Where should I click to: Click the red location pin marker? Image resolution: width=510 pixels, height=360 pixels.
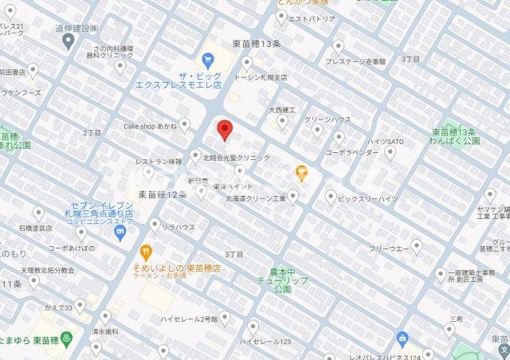(225, 129)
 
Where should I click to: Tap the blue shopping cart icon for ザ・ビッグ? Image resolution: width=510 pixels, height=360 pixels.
(208, 59)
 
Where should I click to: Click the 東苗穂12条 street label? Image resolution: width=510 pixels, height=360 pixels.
(162, 194)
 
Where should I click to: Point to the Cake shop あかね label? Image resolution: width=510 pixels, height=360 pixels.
(150, 125)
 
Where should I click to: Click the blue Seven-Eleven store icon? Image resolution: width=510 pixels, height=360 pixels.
(120, 233)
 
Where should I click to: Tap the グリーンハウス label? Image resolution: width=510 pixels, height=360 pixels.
(328, 120)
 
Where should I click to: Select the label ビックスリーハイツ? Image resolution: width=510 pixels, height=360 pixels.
(367, 198)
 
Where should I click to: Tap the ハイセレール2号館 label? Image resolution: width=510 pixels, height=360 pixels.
(189, 319)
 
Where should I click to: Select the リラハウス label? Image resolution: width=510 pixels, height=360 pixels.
(178, 227)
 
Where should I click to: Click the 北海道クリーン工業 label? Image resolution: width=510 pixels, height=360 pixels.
(255, 198)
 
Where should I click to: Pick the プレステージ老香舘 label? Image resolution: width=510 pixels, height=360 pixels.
(355, 61)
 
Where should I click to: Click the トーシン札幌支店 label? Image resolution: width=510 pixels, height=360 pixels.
(261, 77)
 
